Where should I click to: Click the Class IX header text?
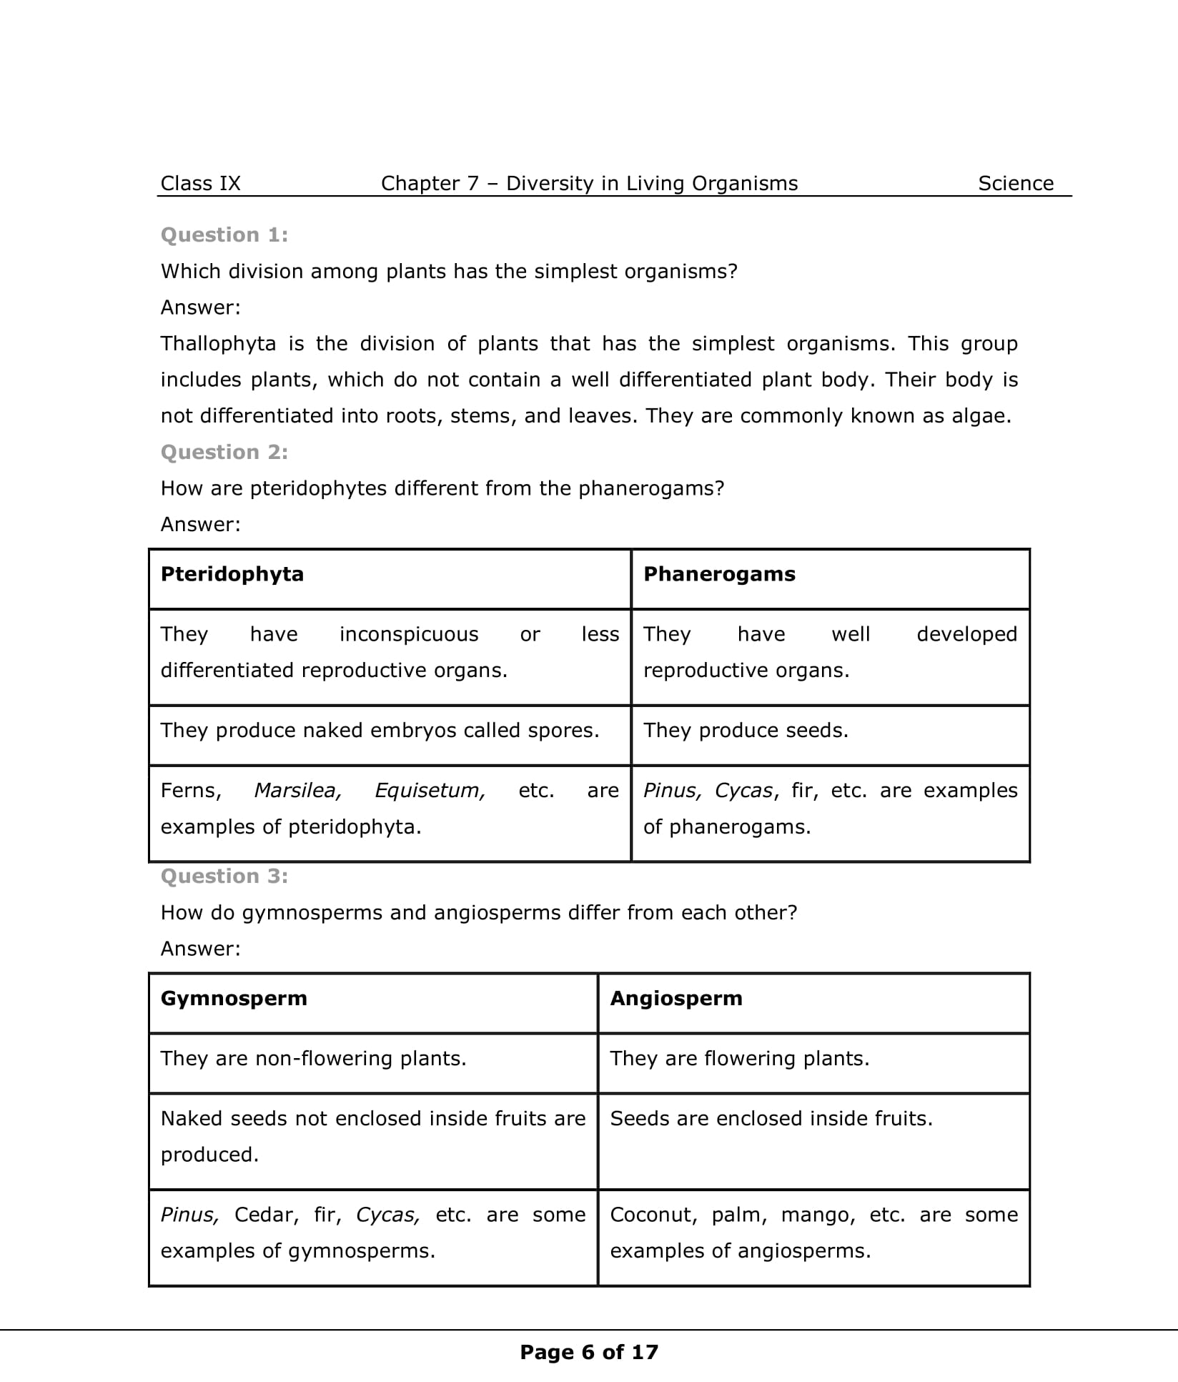200,184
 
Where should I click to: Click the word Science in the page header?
1015,184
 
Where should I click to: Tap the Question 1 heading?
224,235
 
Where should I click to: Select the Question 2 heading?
224,453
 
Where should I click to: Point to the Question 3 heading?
224,877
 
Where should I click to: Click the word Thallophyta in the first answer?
218,344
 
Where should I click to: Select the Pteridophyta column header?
232,574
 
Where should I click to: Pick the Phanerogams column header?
719,574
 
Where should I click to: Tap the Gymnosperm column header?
234,999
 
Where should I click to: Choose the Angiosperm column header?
675,999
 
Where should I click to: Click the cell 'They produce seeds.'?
746,731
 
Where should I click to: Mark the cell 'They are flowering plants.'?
739,1059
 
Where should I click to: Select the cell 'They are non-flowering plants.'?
313,1059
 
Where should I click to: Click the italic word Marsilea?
297,791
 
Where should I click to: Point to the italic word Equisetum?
430,791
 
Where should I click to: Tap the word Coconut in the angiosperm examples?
650,1215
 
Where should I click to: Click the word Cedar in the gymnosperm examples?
266,1215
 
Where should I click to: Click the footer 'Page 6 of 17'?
589,1353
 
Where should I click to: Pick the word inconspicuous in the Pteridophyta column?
409,635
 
